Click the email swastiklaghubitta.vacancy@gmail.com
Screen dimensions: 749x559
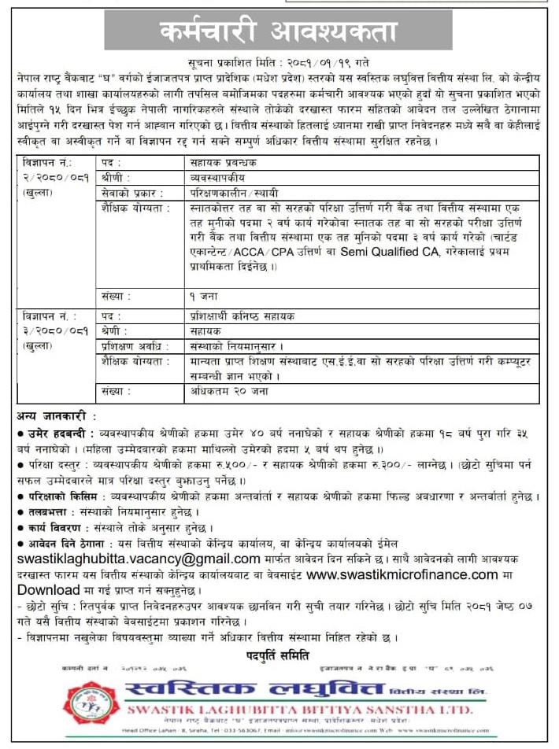coord(139,559)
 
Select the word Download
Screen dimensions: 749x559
coord(49,590)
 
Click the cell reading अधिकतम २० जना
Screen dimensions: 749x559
coord(230,390)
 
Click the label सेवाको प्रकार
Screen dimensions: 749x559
coord(132,193)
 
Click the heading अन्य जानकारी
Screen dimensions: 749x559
coord(57,415)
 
